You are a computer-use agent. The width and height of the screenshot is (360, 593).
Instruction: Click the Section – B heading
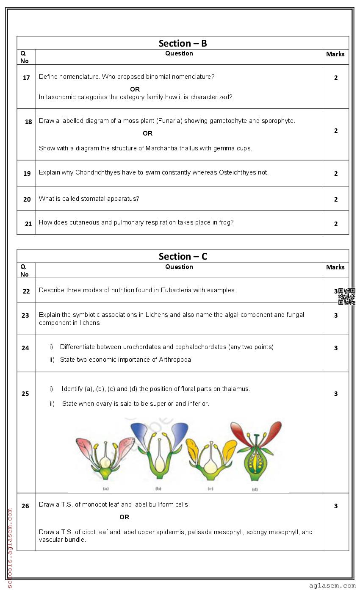[183, 43]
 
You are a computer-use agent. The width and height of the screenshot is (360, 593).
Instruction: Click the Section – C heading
[183, 256]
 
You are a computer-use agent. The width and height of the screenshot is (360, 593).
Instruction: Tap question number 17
[26, 78]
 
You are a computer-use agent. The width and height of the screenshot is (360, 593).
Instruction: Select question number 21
[28, 224]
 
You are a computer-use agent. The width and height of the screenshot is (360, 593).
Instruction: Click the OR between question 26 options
[124, 517]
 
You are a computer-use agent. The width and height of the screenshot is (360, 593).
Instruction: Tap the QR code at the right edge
[346, 296]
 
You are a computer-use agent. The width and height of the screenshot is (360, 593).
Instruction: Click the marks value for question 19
[336, 174]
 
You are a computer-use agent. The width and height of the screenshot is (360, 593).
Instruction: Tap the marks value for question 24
[336, 348]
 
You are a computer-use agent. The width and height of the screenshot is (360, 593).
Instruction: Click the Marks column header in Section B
[335, 54]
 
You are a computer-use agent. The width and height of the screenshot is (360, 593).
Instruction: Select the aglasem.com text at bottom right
[332, 586]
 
